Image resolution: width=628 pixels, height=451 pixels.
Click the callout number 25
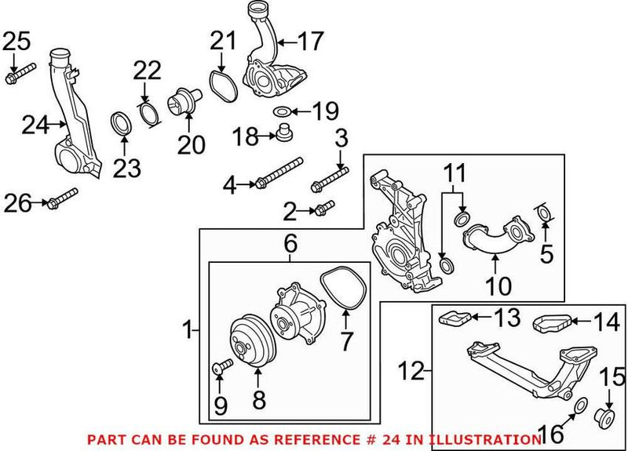15,39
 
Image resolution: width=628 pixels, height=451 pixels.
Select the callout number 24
35,124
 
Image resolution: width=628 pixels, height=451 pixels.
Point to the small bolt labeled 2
323,208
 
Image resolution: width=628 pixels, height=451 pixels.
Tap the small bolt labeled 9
221,366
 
